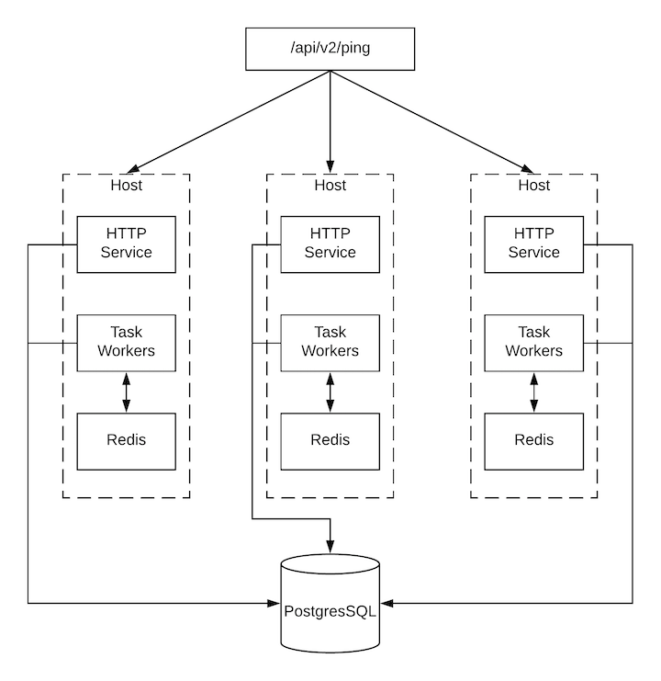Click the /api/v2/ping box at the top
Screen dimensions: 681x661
click(x=330, y=50)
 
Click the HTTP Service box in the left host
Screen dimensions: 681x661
click(x=126, y=244)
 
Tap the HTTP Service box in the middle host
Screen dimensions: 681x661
click(x=330, y=244)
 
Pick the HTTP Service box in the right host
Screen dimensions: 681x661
click(x=533, y=244)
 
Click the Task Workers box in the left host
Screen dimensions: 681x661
click(x=126, y=342)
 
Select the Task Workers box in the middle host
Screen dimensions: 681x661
click(x=330, y=342)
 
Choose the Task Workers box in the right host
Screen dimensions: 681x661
click(x=533, y=342)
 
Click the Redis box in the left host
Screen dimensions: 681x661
click(x=126, y=439)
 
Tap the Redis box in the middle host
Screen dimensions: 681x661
click(x=330, y=439)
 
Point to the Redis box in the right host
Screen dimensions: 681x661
click(x=533, y=439)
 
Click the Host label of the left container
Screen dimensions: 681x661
click(x=126, y=186)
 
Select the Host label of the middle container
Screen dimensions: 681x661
click(x=330, y=186)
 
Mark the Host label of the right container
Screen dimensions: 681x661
click(x=533, y=186)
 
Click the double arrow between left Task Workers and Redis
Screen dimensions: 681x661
click(x=126, y=392)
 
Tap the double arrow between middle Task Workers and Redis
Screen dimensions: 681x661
click(x=330, y=392)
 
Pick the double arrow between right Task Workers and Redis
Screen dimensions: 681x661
click(x=533, y=392)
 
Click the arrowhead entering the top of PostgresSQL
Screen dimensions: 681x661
click(x=330, y=548)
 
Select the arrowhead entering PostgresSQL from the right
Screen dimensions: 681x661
click(x=387, y=604)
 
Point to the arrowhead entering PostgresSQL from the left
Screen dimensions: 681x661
click(x=274, y=604)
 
